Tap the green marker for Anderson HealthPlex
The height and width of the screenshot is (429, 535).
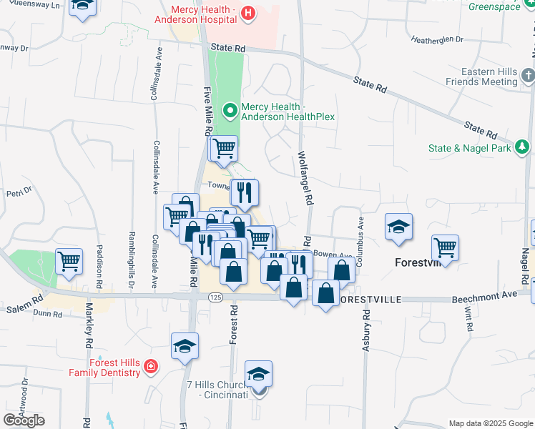coord(230,110)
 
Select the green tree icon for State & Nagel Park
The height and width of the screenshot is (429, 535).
coord(524,147)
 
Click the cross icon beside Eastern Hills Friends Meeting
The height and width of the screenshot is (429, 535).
coord(528,76)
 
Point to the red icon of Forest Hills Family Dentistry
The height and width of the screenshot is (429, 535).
coord(149,367)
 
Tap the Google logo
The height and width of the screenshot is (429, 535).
coord(24,420)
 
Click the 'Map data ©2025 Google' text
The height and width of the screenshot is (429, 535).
coord(490,423)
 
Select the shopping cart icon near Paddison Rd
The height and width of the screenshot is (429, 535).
coord(69,261)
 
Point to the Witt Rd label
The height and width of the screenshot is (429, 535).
coord(469,317)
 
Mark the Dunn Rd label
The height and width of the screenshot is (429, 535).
coord(47,312)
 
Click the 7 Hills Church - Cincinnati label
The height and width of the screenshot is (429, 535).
coord(217,389)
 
